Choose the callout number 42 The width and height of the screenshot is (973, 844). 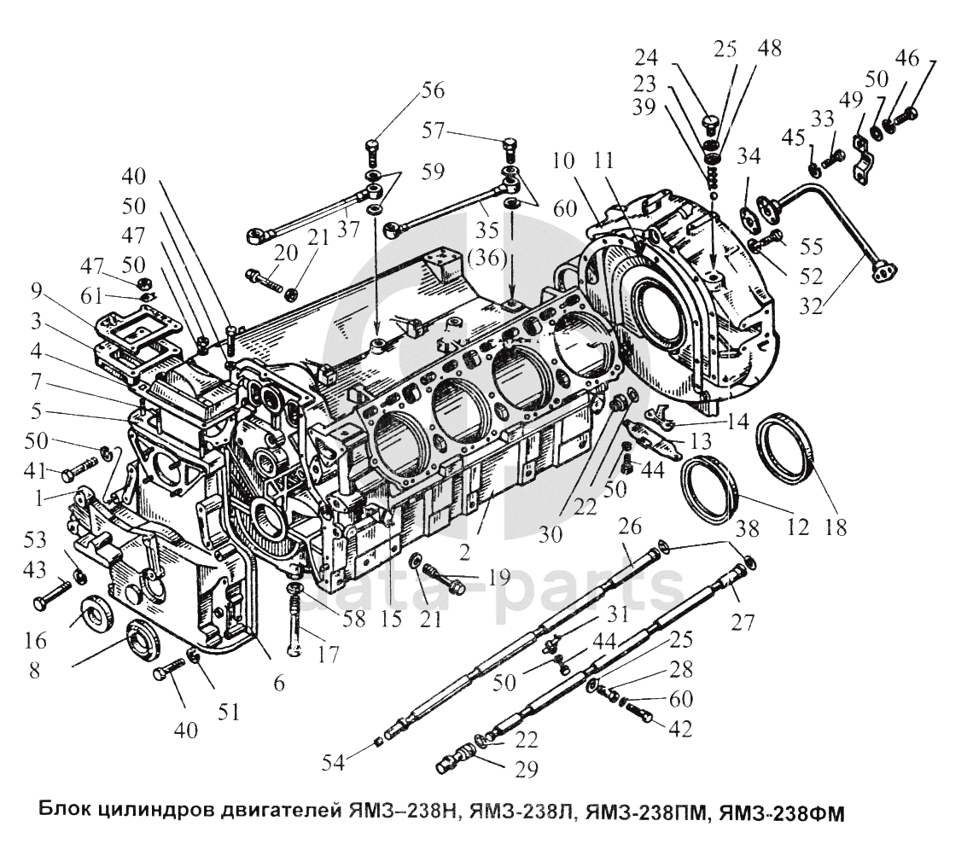680,729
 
